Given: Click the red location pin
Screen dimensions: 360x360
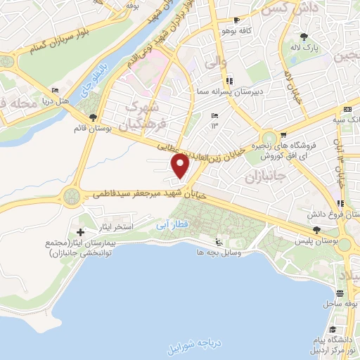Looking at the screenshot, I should (x=181, y=166).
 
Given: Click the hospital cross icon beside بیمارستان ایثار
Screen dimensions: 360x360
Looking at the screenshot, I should (x=80, y=232).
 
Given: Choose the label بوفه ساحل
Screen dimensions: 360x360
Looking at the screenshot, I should (x=337, y=304).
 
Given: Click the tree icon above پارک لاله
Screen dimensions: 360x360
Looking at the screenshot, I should (x=304, y=37).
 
